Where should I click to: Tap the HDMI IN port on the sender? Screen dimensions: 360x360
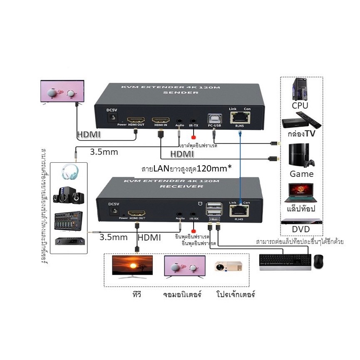(x=161, y=119)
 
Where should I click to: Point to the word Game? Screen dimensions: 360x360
(x=301, y=174)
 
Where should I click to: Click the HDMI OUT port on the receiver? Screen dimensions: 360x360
(x=137, y=212)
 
